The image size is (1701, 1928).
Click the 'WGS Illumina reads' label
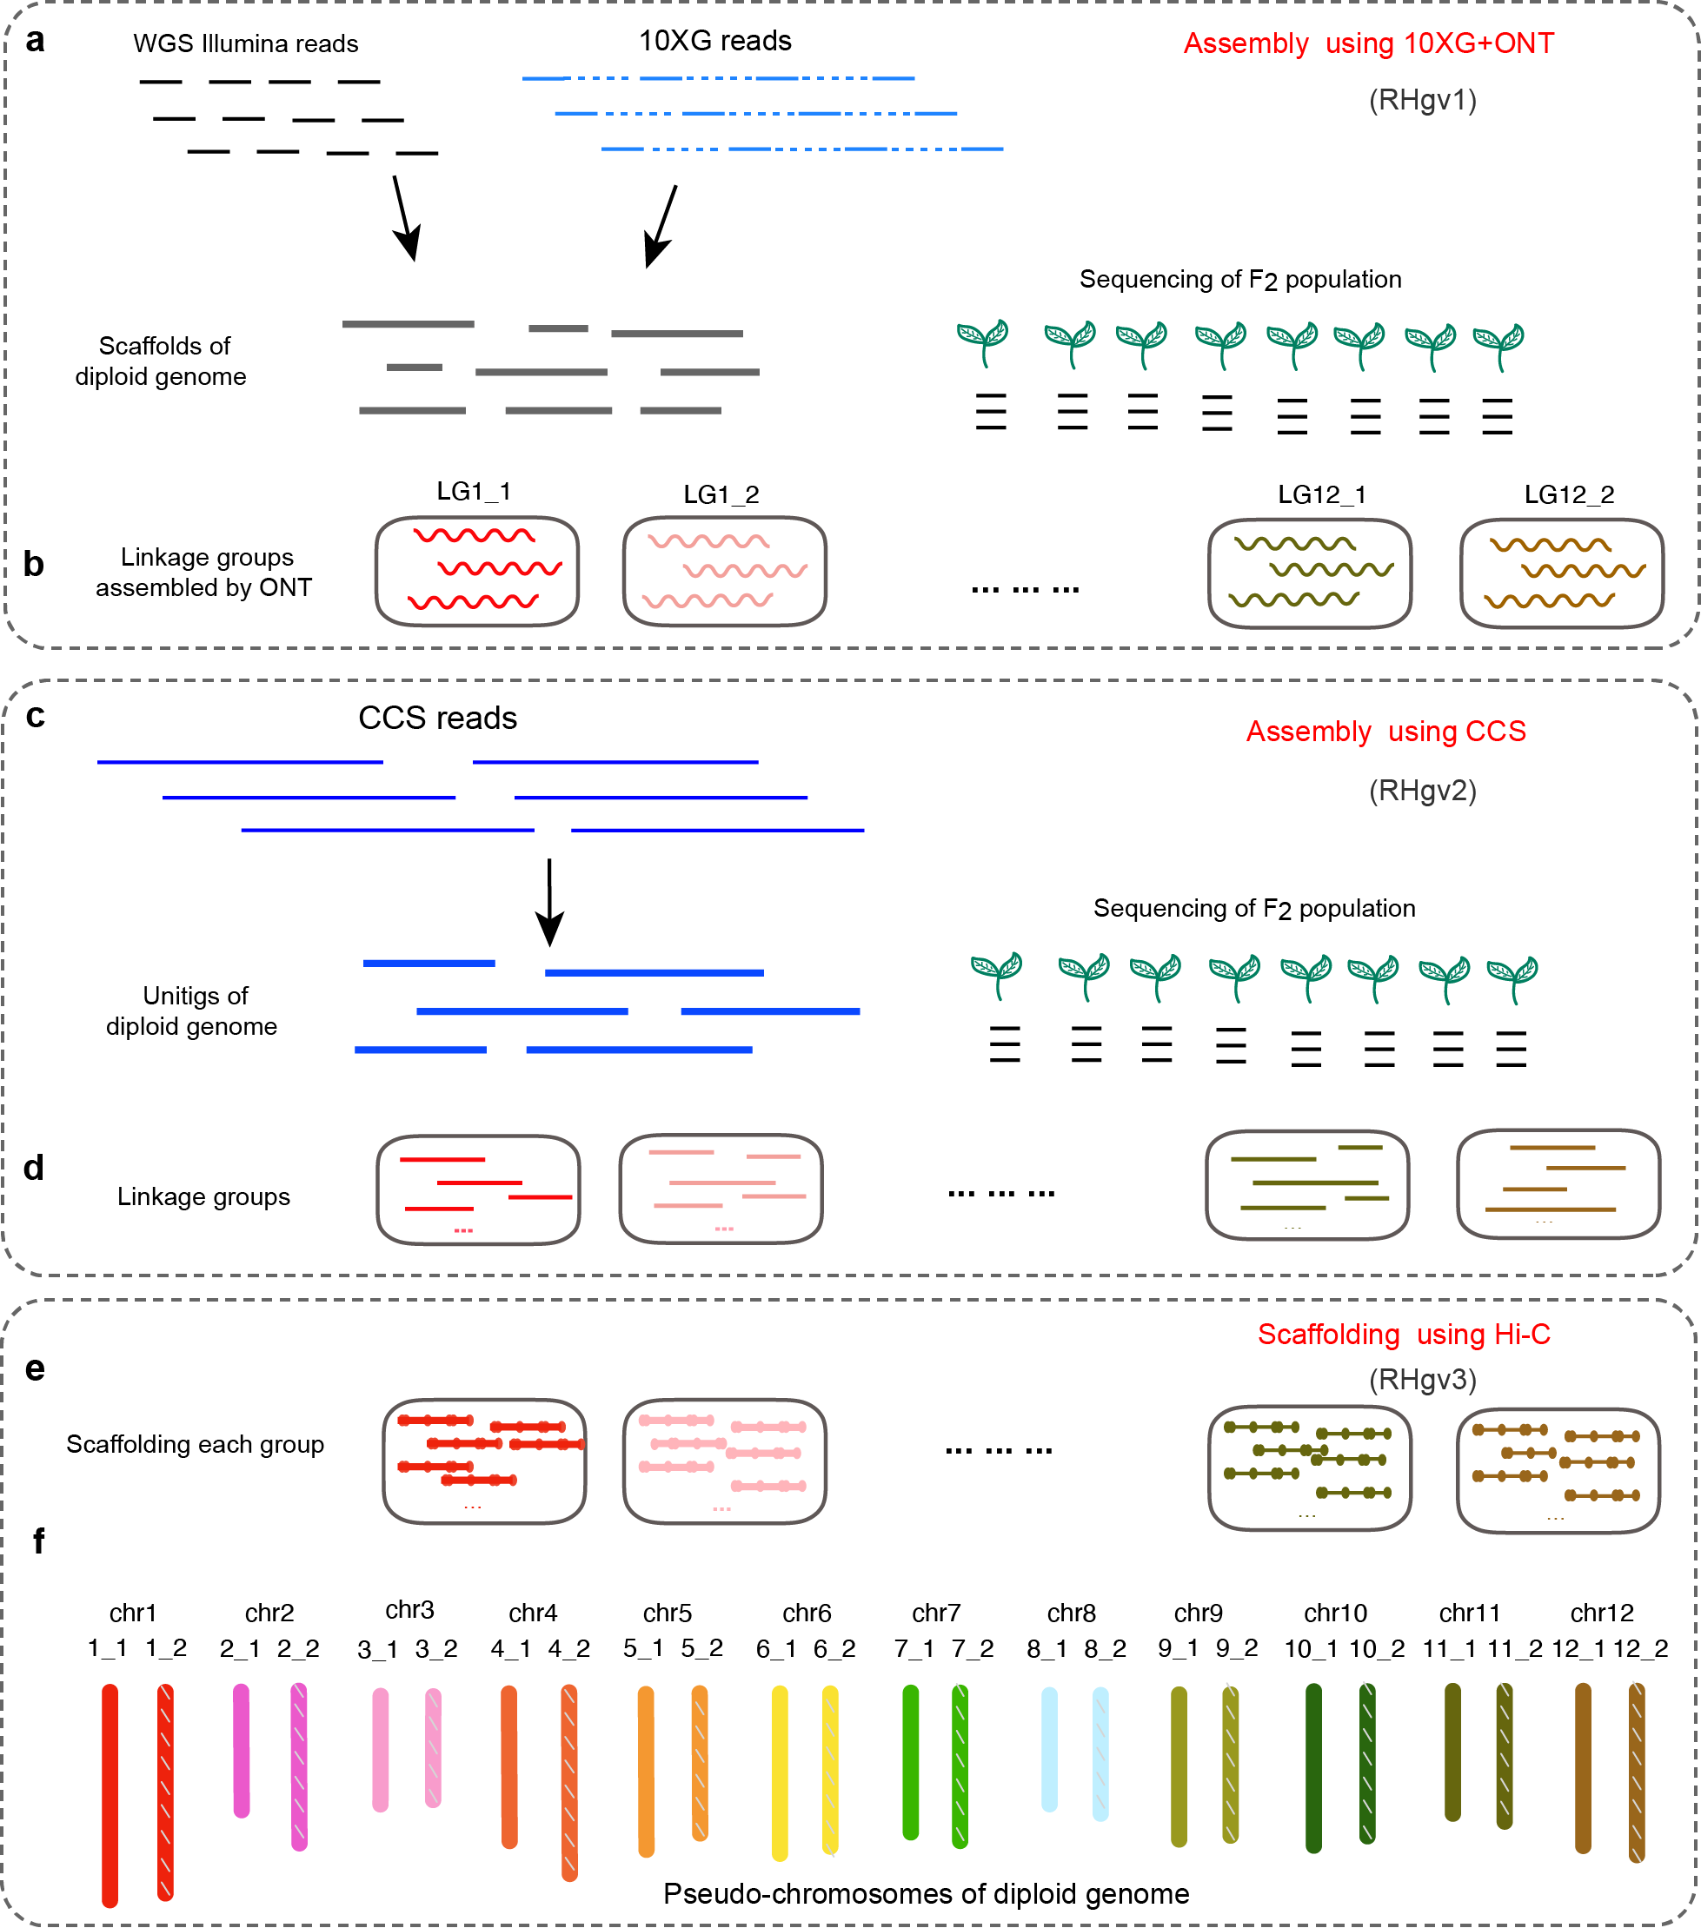[245, 43]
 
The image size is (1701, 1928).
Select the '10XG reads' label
[715, 41]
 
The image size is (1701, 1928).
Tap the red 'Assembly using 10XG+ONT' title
[1369, 43]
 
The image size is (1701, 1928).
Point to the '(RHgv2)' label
[1423, 790]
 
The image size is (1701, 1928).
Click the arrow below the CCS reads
[549, 902]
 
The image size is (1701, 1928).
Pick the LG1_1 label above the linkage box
[474, 492]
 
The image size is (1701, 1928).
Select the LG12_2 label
[1569, 494]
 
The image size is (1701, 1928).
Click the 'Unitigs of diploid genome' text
[191, 1010]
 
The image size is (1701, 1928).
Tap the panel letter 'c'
[35, 715]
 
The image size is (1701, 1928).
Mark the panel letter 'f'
[39, 1540]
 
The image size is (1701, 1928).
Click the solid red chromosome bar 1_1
[110, 1796]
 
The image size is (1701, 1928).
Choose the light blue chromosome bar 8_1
[1049, 1750]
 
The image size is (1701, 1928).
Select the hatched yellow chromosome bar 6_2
[830, 1770]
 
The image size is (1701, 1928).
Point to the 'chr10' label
[1336, 1613]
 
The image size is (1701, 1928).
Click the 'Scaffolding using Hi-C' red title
[1404, 1334]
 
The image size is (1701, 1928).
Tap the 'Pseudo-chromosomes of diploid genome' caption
[927, 1893]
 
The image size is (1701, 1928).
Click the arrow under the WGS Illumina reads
[406, 218]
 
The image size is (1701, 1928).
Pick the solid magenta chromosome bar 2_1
[242, 1751]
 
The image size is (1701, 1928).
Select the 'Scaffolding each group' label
[196, 1444]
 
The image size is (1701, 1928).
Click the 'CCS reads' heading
[438, 718]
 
